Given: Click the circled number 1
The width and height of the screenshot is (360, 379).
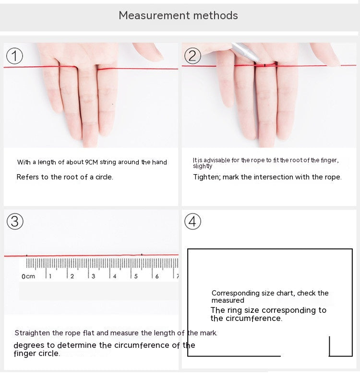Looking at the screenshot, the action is pyautogui.click(x=14, y=56).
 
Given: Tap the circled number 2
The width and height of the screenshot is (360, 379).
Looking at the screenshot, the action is pyautogui.click(x=192, y=56).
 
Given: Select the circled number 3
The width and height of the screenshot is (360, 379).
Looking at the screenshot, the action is pyautogui.click(x=15, y=221).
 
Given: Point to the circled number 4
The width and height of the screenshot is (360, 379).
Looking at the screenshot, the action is pyautogui.click(x=192, y=221).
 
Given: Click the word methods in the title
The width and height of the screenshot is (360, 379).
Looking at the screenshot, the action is pyautogui.click(x=216, y=15).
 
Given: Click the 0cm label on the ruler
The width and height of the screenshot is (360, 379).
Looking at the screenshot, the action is pyautogui.click(x=28, y=276).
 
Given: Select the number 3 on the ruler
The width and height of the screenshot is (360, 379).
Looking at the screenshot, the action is pyautogui.click(x=93, y=276).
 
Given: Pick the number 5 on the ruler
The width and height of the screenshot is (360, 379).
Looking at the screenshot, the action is pyautogui.click(x=136, y=276).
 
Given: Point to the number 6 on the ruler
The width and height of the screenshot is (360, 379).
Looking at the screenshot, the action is pyautogui.click(x=157, y=276).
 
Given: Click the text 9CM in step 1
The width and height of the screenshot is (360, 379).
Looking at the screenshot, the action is pyautogui.click(x=91, y=162).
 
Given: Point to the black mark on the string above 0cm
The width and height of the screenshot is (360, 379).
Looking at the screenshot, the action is pyautogui.click(x=26, y=255).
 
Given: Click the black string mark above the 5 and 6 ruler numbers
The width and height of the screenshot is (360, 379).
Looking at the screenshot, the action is pyautogui.click(x=142, y=255).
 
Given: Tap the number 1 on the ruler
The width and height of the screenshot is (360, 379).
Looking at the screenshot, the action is pyautogui.click(x=50, y=276).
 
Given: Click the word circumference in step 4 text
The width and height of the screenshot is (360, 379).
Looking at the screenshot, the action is pyautogui.click(x=253, y=319).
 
